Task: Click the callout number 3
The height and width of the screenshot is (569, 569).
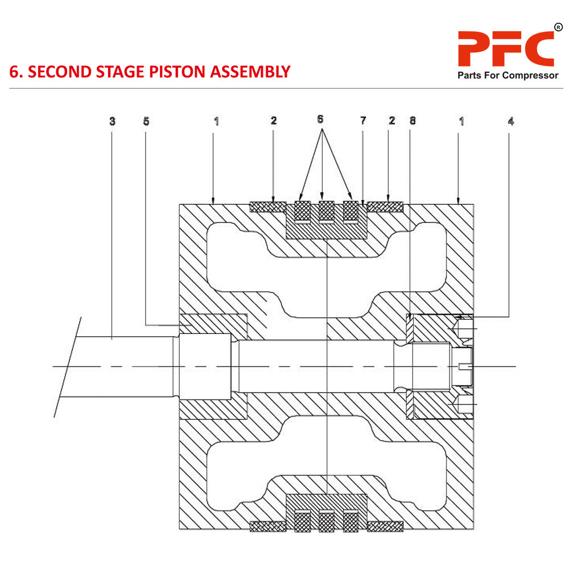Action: coord(112,121)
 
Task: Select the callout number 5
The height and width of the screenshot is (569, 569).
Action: coord(146,121)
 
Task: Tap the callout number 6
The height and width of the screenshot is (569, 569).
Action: coord(320,119)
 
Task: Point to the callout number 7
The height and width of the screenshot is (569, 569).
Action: coord(363,121)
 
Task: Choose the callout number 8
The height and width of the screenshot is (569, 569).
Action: coord(412,121)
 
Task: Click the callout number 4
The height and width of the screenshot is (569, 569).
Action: coord(510,121)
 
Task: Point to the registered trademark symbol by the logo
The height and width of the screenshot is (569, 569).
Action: coord(558,27)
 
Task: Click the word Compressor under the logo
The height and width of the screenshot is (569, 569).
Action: coord(529,76)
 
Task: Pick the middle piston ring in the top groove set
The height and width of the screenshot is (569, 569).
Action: coord(325,211)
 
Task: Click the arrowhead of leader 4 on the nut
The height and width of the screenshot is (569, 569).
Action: coord(461,316)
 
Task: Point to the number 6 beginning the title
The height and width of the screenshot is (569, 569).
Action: coord(14,72)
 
